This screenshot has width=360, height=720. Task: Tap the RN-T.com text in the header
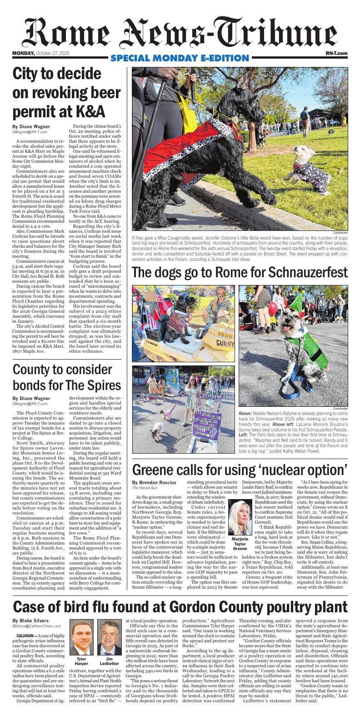click(x=336, y=54)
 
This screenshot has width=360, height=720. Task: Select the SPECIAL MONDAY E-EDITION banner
click(x=180, y=58)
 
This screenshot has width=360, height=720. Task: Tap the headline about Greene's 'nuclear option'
click(x=240, y=468)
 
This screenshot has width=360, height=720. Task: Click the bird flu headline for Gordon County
click(x=180, y=607)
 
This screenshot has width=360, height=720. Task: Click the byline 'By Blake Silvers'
click(x=31, y=620)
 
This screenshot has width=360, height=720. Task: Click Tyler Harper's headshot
click(x=82, y=638)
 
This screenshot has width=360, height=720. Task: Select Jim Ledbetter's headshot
click(x=109, y=638)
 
